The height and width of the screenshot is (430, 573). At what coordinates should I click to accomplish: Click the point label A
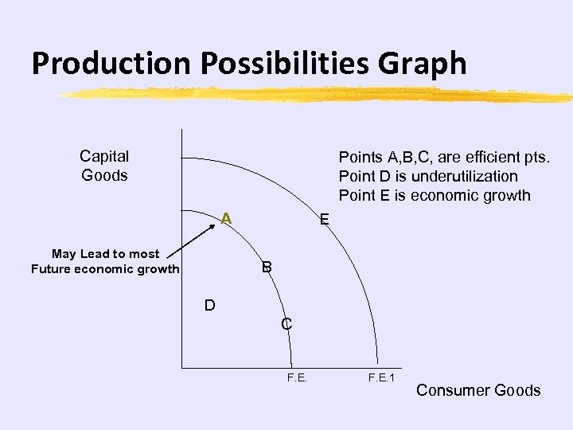[x=226, y=217]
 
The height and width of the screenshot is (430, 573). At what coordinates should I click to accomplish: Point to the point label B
[x=267, y=268]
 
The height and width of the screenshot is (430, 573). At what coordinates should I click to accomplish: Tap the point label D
[x=209, y=305]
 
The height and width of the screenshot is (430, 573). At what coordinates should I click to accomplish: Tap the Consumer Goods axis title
[x=478, y=390]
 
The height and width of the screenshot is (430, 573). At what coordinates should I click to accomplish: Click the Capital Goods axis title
[x=104, y=166]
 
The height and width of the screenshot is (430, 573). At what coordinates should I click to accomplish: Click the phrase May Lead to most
[x=105, y=253]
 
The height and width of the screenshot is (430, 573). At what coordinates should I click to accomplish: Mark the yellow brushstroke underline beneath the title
[x=314, y=95]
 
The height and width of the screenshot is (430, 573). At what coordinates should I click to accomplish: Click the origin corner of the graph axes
[x=181, y=369]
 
